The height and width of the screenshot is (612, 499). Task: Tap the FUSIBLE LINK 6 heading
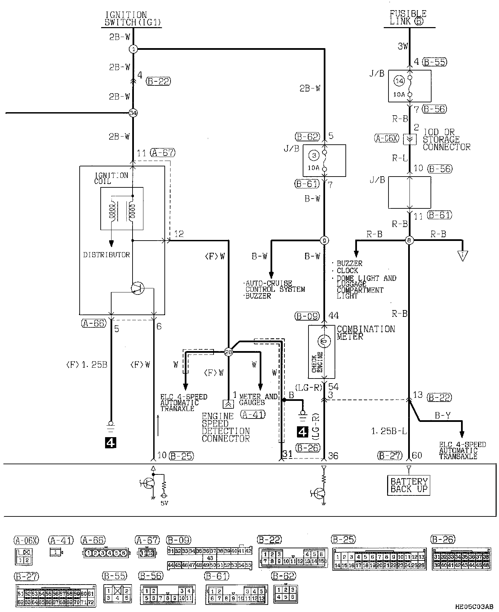(x=408, y=18)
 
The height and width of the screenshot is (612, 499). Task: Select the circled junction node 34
(x=133, y=113)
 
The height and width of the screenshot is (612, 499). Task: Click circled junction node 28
(x=228, y=352)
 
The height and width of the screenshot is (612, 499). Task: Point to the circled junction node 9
(x=324, y=241)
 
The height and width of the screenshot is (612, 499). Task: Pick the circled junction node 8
(x=409, y=241)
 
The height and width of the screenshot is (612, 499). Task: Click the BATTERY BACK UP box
(x=409, y=485)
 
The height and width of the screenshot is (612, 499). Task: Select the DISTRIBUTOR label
(x=106, y=255)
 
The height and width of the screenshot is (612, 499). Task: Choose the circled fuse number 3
(x=314, y=156)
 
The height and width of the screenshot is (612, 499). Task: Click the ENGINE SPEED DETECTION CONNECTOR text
(x=225, y=427)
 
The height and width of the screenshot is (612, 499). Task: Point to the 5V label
(x=164, y=503)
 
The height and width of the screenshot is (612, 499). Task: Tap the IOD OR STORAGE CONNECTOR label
(x=446, y=139)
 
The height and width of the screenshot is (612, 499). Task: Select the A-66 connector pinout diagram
(x=106, y=553)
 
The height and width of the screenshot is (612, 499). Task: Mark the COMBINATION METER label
(x=366, y=332)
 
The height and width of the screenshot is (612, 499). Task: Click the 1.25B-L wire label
(x=388, y=431)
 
